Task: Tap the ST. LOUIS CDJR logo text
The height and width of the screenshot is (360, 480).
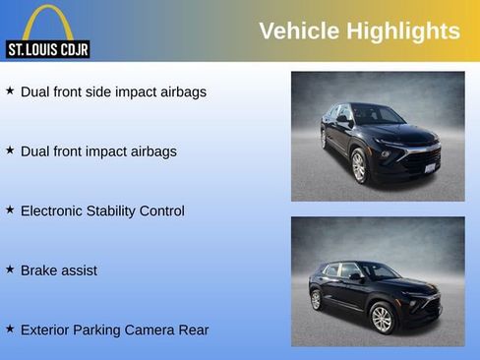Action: (47, 49)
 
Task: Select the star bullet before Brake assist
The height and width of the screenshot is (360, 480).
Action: (10, 269)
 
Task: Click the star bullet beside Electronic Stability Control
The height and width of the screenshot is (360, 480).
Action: (10, 210)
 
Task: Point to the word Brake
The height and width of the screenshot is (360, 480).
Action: (40, 270)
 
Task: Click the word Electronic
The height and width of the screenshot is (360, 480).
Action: (55, 211)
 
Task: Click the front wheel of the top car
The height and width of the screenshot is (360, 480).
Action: (359, 166)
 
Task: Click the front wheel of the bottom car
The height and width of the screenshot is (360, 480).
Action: (381, 318)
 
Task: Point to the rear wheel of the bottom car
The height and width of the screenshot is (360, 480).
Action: (316, 300)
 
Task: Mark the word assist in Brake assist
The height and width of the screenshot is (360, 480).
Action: (80, 270)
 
